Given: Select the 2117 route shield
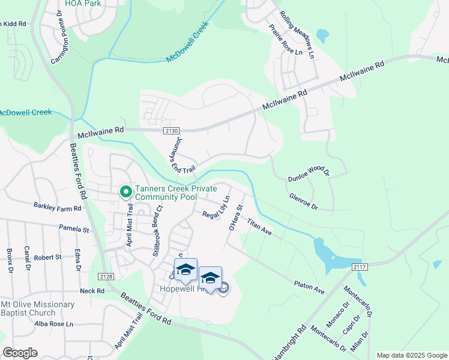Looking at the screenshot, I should coord(360,266).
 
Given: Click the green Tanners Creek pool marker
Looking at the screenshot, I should coord(125,192).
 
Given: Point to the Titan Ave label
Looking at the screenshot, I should coord(259,227).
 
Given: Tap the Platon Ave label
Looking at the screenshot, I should coord(309,287).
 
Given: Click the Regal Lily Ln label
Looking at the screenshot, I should coord(216,208).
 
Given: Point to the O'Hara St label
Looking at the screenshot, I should coord(235,218).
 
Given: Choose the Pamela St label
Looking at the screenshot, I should coord(74,229).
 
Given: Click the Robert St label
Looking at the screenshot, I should coord(48,257).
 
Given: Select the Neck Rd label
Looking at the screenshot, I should coord(92,291).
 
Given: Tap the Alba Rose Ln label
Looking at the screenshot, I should coord(53,324).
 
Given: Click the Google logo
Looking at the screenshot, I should coord(20,352).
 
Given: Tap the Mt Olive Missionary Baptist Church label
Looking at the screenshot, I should coord(37,308).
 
